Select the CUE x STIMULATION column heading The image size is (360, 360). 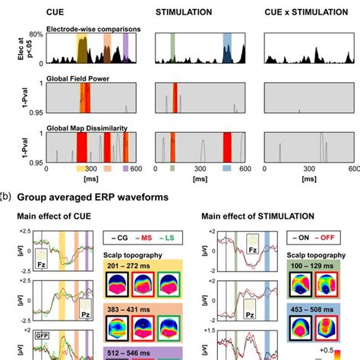pyautogui.click(x=302, y=12)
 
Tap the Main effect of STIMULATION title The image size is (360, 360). pyautogui.click(x=257, y=216)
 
